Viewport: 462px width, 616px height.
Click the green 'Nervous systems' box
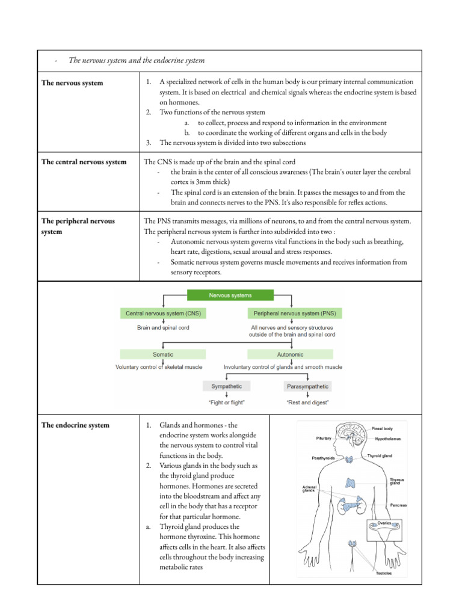(230, 295)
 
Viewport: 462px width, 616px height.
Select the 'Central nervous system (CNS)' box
(164, 313)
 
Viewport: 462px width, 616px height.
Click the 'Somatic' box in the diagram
(163, 354)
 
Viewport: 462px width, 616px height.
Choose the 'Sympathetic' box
(226, 386)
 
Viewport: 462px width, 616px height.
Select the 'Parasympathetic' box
(307, 386)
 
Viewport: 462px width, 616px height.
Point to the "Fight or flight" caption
(226, 402)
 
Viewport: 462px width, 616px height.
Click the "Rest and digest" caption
(307, 402)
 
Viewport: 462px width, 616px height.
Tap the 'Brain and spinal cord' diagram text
(164, 328)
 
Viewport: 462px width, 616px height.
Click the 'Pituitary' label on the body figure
(323, 439)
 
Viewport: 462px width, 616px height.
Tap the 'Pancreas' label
(398, 505)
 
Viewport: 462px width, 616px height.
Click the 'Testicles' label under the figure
(384, 573)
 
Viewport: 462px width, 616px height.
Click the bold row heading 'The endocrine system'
(75, 425)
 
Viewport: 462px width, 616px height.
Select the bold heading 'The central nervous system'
(84, 162)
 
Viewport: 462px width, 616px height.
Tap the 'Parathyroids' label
(326, 458)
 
